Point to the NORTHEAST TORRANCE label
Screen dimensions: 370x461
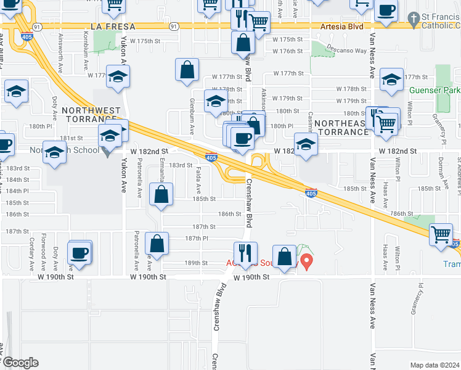click(x=341, y=128)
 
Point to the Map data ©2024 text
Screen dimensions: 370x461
click(x=434, y=365)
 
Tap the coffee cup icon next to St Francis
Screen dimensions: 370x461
click(x=386, y=11)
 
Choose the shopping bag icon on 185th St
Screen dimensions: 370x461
click(x=161, y=195)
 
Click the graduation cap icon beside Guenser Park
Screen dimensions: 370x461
click(x=391, y=80)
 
